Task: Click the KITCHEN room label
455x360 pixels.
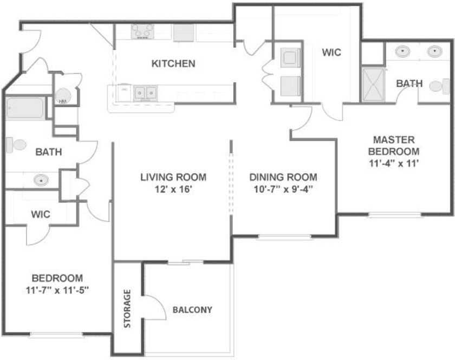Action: (x=173, y=64)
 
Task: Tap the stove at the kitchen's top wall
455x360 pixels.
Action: (x=142, y=31)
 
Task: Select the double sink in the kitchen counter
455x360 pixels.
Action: (x=145, y=93)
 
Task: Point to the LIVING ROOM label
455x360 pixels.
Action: (x=173, y=177)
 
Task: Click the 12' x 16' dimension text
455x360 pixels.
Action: (x=173, y=190)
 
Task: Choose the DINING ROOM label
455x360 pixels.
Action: (x=283, y=177)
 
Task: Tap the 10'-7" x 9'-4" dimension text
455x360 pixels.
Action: (x=283, y=190)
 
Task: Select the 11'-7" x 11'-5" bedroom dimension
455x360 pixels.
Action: (x=56, y=290)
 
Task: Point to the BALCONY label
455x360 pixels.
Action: (x=192, y=310)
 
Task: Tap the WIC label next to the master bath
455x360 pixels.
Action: (x=331, y=53)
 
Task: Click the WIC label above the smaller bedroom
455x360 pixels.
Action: (x=41, y=214)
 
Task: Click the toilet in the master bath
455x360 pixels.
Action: (x=439, y=86)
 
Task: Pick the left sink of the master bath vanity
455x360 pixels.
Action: (x=402, y=52)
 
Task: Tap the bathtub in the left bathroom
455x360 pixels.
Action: (x=25, y=108)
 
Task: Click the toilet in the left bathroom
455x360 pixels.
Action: (x=16, y=145)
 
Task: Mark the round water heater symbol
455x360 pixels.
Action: (x=63, y=97)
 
